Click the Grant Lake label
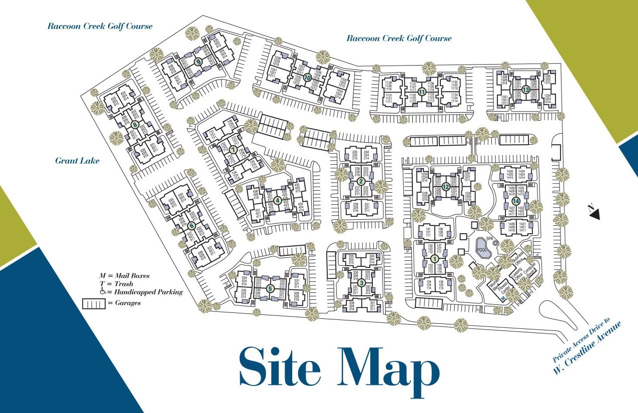[x=77, y=161]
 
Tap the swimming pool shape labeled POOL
[x=482, y=250]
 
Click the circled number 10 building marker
[x=307, y=78]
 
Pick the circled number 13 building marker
[x=525, y=90]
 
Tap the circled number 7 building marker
[x=233, y=149]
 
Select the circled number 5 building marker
[x=270, y=288]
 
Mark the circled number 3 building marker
[x=361, y=282]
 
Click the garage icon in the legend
[x=94, y=303]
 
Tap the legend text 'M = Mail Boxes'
[x=125, y=275]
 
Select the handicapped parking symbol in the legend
[x=103, y=291]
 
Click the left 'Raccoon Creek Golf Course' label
[x=100, y=26]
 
